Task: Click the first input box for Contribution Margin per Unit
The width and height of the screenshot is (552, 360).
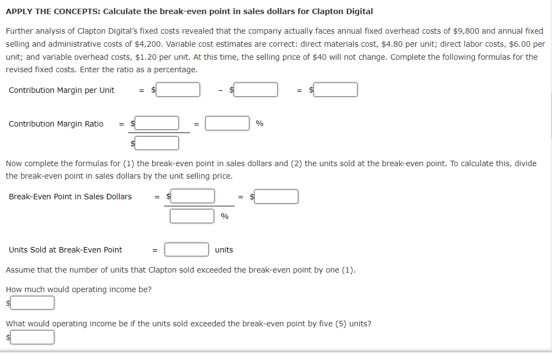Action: coord(178,90)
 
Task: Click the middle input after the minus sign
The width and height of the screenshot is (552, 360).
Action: coord(256,90)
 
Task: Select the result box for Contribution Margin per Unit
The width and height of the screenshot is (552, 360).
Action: coord(335,90)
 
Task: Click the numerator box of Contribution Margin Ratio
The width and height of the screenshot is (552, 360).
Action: coord(157,124)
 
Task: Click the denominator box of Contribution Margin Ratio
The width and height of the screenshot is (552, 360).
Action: coord(157,143)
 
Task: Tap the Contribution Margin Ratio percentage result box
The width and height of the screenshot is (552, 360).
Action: coord(227,124)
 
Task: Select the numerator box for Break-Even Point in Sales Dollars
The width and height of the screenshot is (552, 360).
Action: coord(192,196)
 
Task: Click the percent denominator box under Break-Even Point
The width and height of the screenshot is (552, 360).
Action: coord(192,216)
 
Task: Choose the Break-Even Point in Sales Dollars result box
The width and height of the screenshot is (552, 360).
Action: coord(276,196)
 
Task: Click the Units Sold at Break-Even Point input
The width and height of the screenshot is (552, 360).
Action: coord(187,250)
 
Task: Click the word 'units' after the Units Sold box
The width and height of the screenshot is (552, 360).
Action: coord(224,250)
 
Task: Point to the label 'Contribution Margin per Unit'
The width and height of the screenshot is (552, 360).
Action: coord(61,90)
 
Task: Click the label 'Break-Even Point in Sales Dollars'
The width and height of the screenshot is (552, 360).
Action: coord(70,197)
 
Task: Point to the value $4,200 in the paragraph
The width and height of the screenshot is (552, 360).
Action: coord(134,44)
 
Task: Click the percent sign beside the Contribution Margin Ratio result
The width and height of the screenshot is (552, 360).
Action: coord(260,124)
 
